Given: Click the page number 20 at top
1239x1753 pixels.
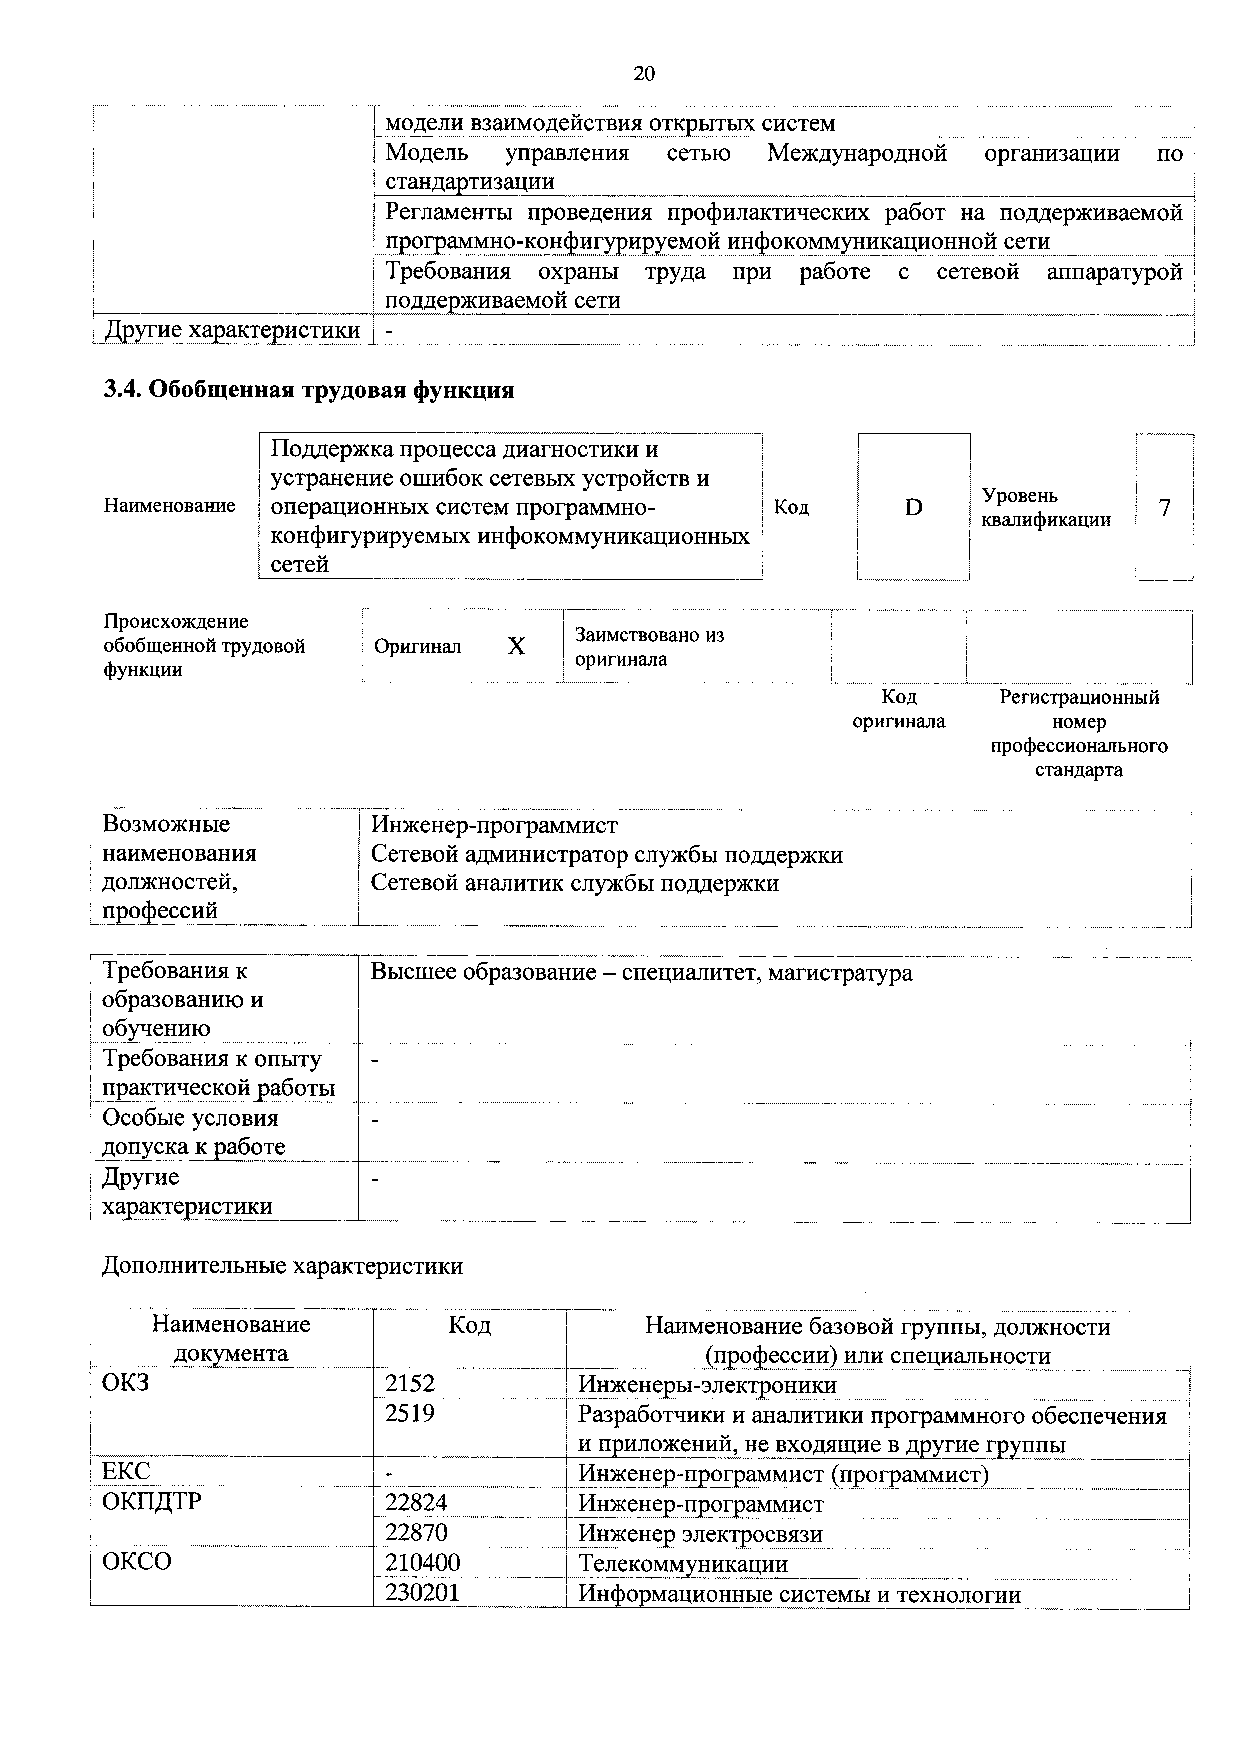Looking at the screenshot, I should tap(643, 73).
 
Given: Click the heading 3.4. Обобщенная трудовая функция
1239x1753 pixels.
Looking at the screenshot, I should tap(308, 390).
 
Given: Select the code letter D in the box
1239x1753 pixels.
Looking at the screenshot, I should tap(913, 507).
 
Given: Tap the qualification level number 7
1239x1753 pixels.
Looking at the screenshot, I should tap(1164, 507).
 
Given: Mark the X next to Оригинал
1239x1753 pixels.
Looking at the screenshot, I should tap(516, 647).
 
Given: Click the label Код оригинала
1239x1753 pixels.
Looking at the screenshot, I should tap(898, 709).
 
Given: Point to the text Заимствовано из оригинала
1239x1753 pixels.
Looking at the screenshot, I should tap(649, 647).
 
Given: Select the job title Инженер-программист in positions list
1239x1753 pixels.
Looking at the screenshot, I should tap(494, 825).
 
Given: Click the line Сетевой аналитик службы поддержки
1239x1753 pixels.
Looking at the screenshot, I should tap(574, 883).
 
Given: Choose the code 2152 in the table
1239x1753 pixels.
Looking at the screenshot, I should tap(410, 1384).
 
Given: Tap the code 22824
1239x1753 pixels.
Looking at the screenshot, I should tap(416, 1503).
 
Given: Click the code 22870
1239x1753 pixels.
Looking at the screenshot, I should tap(416, 1532).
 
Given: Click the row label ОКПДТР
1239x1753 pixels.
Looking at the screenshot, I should tap(152, 1502).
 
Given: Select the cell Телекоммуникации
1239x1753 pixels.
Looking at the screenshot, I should tap(682, 1563).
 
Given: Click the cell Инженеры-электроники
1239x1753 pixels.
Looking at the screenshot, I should tap(707, 1384).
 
